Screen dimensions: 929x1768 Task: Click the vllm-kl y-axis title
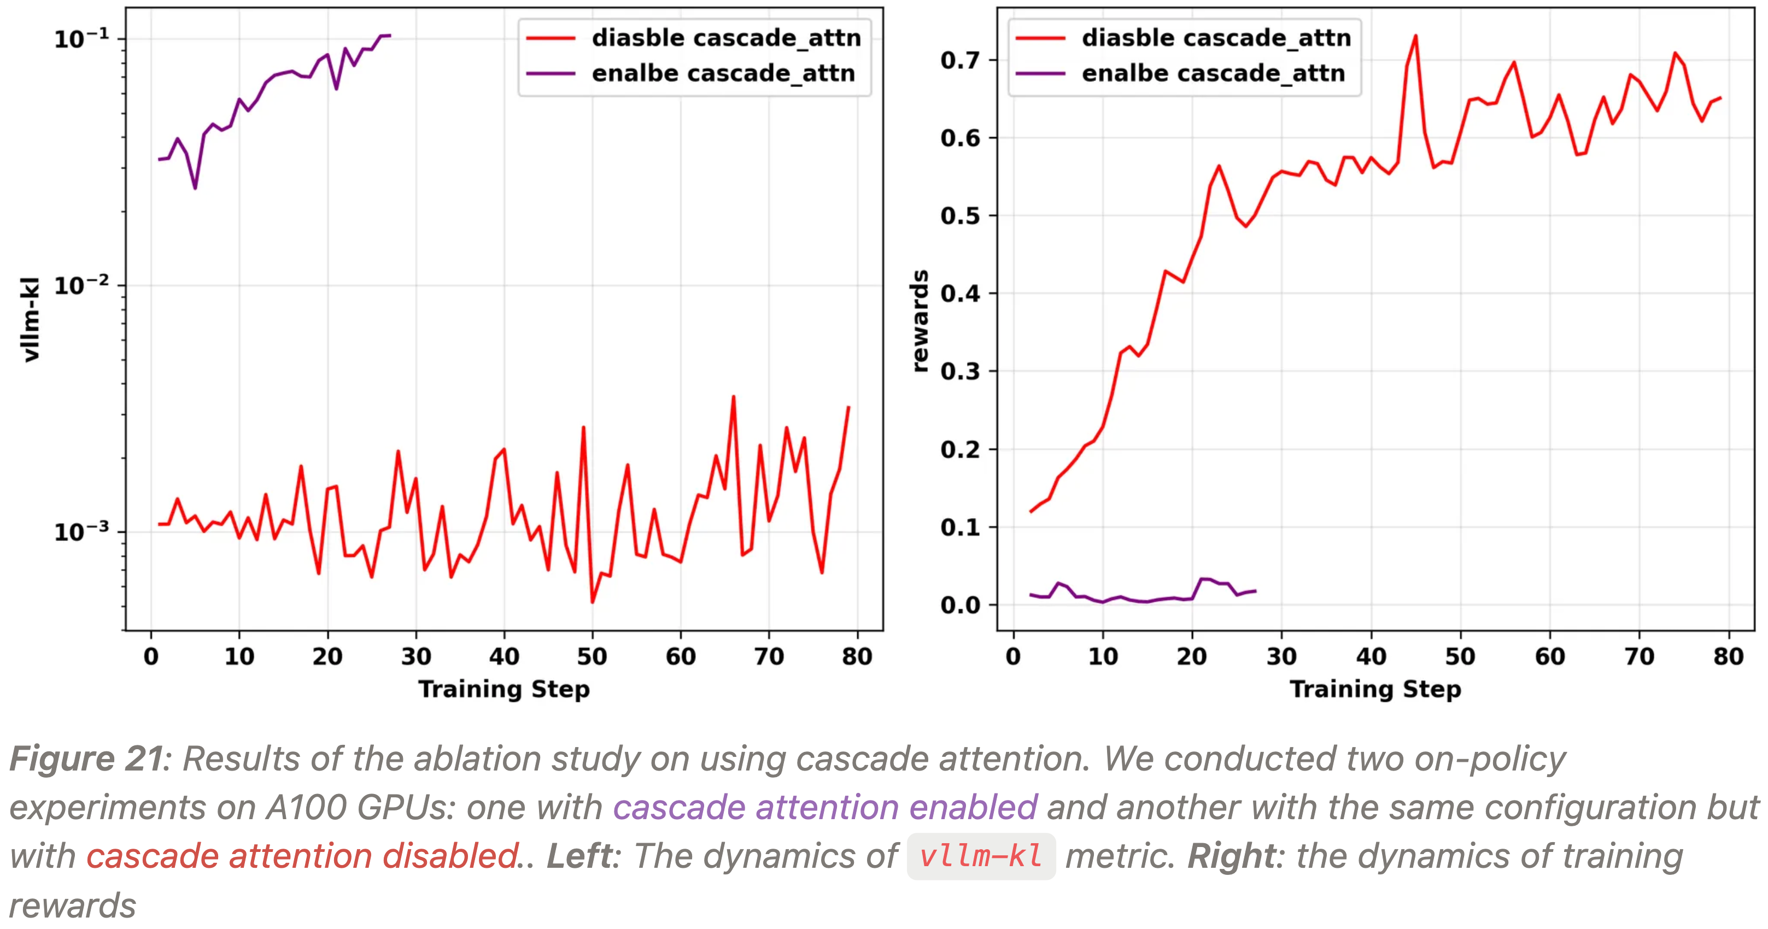[31, 320]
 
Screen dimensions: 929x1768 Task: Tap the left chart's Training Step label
[504, 689]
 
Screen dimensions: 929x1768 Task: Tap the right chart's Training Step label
[1375, 689]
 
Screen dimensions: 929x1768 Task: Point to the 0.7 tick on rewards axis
[959, 60]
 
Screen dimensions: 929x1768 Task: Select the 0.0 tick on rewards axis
[959, 605]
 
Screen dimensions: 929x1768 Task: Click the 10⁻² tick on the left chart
[81, 285]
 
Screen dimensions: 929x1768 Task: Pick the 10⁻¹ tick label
[81, 38]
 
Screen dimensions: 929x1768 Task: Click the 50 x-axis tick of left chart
[592, 657]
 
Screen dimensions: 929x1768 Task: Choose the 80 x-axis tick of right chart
[1728, 657]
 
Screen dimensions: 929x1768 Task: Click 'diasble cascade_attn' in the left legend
[726, 38]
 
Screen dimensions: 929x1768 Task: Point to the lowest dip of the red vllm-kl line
[592, 602]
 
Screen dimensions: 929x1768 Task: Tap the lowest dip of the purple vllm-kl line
[195, 188]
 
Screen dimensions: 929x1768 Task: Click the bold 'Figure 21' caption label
[86, 760]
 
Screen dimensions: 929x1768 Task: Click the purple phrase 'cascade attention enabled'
[825, 808]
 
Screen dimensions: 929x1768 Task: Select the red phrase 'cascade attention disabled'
[302, 856]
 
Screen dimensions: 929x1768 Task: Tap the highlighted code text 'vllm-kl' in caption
[981, 856]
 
